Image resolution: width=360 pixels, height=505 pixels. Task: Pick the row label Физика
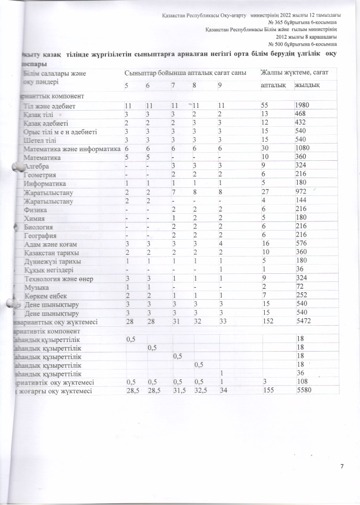(x=35, y=211)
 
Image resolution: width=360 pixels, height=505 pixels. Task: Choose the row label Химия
(x=34, y=220)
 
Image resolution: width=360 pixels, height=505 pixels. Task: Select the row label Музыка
(x=36, y=287)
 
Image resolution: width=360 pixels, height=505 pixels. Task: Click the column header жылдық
(x=305, y=85)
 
